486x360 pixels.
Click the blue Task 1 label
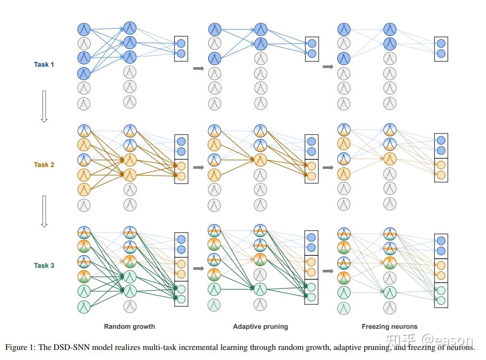click(44, 64)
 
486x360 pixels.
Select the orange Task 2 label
click(44, 165)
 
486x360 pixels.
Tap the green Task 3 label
click(44, 265)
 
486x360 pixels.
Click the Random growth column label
click(130, 326)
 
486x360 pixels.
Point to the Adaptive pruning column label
click(261, 326)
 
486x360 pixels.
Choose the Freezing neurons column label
click(390, 326)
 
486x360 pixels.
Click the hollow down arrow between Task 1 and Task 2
click(44, 107)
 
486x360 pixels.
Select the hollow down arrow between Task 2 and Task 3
click(44, 211)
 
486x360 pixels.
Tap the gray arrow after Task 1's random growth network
click(198, 69)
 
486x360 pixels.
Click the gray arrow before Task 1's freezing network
click(328, 67)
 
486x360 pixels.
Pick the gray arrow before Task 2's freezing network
click(328, 168)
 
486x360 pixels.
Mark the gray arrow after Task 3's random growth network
click(198, 268)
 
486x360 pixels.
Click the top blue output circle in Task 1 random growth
click(181, 43)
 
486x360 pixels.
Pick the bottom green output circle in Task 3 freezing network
click(441, 300)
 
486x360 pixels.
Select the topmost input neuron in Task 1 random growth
click(84, 29)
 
